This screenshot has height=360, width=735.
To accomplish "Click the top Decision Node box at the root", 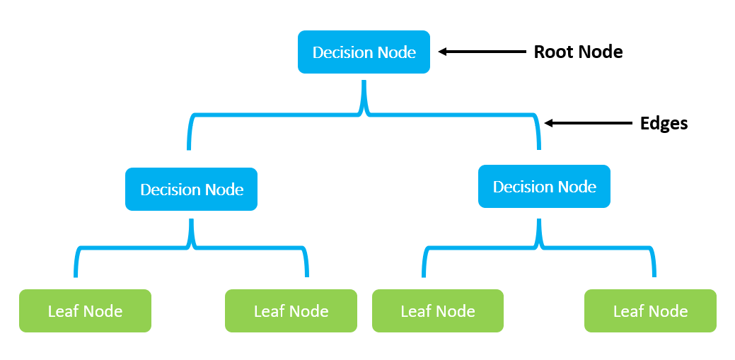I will tap(364, 52).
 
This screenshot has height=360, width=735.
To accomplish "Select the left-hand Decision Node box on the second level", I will tap(191, 190).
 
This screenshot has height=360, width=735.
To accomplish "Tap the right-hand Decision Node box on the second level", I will tap(544, 187).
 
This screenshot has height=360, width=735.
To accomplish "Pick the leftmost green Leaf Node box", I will tap(85, 311).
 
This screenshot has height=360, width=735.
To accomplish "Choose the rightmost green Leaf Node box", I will tap(650, 311).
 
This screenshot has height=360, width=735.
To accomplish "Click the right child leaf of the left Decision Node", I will tap(291, 311).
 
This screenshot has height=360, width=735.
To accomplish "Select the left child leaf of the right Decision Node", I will tap(438, 311).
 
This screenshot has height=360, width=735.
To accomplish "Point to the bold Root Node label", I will tap(578, 52).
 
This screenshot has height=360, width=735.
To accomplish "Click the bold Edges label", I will tap(664, 123).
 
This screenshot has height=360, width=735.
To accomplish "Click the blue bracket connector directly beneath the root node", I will tap(364, 113).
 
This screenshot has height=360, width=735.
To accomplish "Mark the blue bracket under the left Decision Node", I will tap(191, 248).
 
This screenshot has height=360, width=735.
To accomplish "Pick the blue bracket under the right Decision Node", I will tap(538, 248).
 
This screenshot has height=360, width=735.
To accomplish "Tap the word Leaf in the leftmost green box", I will tap(62, 311).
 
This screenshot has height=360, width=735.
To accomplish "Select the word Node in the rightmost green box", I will tap(669, 311).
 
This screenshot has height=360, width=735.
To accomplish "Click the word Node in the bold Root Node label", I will tap(601, 52).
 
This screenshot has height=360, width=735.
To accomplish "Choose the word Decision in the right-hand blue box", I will tap(521, 187).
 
